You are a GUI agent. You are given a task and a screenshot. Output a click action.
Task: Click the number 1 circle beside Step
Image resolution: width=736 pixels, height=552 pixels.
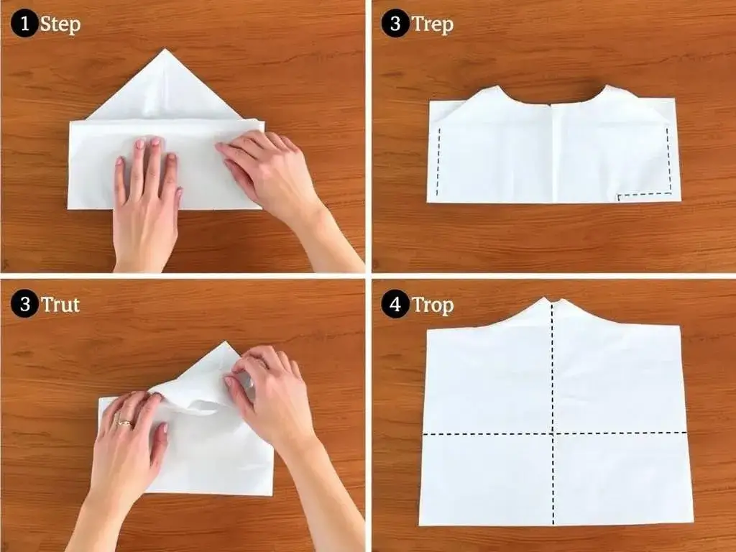pyautogui.click(x=24, y=24)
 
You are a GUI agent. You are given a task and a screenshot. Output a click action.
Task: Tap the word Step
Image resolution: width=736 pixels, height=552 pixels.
pyautogui.click(x=60, y=24)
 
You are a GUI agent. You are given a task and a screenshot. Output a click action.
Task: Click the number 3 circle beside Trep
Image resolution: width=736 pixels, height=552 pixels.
pyautogui.click(x=395, y=24)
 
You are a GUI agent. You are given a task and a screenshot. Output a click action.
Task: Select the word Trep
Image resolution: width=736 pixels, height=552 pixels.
pyautogui.click(x=432, y=24)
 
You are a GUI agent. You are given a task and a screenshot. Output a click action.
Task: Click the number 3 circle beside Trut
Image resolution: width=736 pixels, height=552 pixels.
pyautogui.click(x=24, y=304)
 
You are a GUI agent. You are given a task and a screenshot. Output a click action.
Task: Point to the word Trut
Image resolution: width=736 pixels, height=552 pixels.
pyautogui.click(x=60, y=304)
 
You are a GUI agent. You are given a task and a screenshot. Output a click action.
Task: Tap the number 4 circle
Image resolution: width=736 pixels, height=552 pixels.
pyautogui.click(x=395, y=304)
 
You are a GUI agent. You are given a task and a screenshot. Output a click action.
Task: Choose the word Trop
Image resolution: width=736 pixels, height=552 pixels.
pyautogui.click(x=433, y=305)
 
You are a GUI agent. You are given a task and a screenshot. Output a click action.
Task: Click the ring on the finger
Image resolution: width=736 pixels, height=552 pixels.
pyautogui.click(x=125, y=423)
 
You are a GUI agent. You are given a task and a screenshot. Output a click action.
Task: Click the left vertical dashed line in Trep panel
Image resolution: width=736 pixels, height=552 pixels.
pyautogui.click(x=438, y=162)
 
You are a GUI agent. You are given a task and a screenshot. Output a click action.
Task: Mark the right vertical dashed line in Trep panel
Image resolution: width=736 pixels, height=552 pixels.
pyautogui.click(x=669, y=160)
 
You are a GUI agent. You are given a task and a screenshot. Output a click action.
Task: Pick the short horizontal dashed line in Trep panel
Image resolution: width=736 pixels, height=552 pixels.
pyautogui.click(x=645, y=194)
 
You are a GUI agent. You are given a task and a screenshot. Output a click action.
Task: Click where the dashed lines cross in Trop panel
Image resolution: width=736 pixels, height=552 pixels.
pyautogui.click(x=553, y=433)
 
